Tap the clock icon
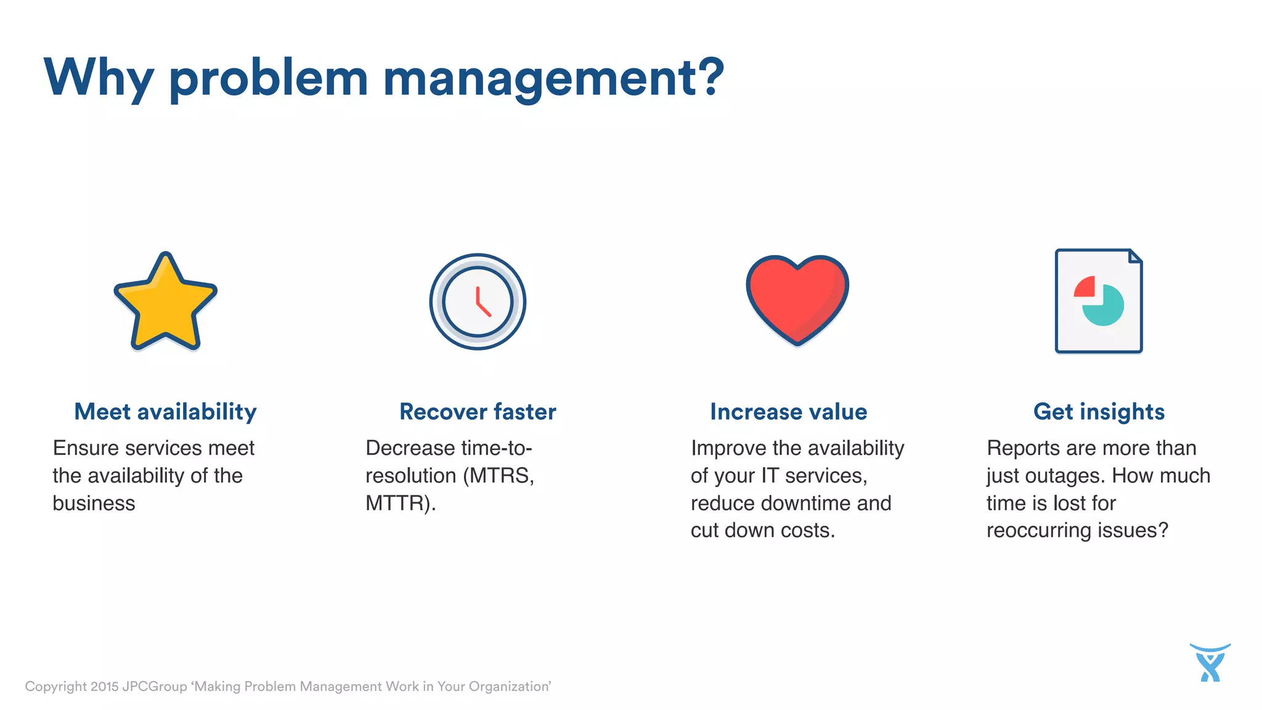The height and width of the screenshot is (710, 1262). pos(478,301)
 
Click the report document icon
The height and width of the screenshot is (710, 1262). pos(1099,301)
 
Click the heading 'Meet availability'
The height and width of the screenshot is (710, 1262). pos(165,412)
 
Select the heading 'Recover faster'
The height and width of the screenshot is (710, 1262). pos(478,412)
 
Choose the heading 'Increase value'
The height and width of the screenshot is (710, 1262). pos(788,412)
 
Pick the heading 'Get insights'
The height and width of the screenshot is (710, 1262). pos(1099,412)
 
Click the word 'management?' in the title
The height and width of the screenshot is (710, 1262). pos(553,78)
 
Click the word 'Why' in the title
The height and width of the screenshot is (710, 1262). pos(99,78)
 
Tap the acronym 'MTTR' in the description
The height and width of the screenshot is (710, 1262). pos(395,504)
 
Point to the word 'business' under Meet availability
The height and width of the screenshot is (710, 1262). pos(94,504)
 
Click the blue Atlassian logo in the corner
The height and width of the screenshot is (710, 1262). pos(1210,663)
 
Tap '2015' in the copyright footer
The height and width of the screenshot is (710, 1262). pos(104,687)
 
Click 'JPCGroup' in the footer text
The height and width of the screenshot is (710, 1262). pos(155,687)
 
